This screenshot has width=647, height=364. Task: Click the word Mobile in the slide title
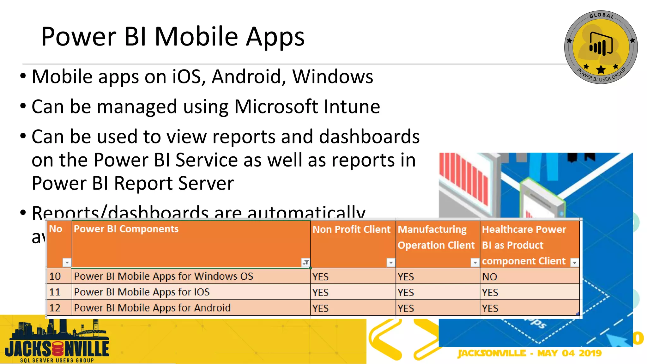click(196, 37)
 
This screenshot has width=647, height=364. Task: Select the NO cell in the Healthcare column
click(489, 277)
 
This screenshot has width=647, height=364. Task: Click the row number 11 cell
click(55, 292)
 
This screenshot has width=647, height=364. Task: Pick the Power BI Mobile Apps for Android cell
click(152, 308)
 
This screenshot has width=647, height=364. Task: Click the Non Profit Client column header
click(351, 230)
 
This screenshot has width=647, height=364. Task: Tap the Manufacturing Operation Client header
click(436, 237)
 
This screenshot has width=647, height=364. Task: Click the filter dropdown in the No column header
click(67, 263)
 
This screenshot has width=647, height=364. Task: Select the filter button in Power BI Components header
click(305, 263)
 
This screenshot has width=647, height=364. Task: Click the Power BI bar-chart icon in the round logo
click(601, 44)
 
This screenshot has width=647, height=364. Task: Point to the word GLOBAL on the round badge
click(602, 15)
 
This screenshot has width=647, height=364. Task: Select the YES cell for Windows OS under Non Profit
click(320, 277)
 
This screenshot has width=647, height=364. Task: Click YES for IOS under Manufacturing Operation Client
click(406, 293)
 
